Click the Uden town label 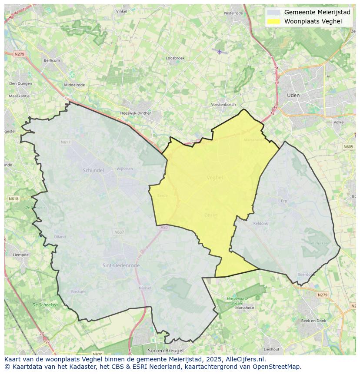[293, 95]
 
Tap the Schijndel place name [93, 170]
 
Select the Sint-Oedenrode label [118, 265]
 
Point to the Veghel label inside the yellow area [215, 178]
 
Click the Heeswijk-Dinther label [135, 113]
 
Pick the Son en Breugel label [166, 350]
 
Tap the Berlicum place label [52, 60]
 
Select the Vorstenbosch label [223, 105]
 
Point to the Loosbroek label [175, 58]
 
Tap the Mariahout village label [245, 308]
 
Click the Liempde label [20, 255]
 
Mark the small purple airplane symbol [220, 52]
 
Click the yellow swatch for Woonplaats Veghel [274, 21]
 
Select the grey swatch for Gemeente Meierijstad [274, 12]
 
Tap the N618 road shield [13, 199]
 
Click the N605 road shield [348, 147]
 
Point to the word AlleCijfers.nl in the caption [248, 360]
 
